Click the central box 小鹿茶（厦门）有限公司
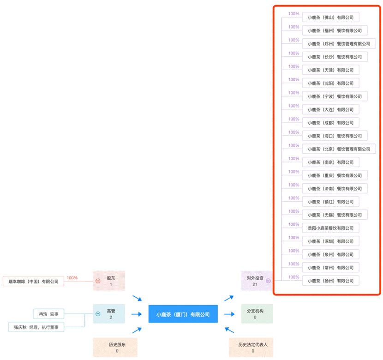[183, 314]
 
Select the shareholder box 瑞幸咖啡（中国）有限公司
[34, 281]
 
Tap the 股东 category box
[109, 281]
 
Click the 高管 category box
[109, 314]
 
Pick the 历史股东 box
[115, 347]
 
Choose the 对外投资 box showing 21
[257, 281]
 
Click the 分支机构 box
[257, 314]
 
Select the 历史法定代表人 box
[251, 347]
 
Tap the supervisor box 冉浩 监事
[48, 314]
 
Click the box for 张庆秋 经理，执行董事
[36, 327]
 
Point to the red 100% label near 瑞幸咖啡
[72, 278]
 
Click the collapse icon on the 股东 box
[98, 281]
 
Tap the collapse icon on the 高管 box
[98, 314]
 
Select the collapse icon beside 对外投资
[268, 281]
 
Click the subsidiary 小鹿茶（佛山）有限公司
[330, 17]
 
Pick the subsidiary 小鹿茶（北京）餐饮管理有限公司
[339, 149]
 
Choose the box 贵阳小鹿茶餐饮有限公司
[330, 228]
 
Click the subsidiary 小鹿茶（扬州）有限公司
[330, 281]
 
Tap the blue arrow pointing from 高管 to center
[137, 314]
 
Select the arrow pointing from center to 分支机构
[229, 314]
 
